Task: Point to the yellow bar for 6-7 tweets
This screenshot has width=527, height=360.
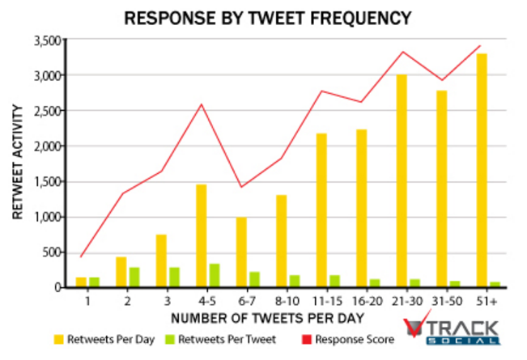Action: click(241, 252)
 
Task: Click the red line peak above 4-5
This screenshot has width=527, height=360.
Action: click(202, 104)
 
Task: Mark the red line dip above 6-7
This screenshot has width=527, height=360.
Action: click(240, 187)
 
